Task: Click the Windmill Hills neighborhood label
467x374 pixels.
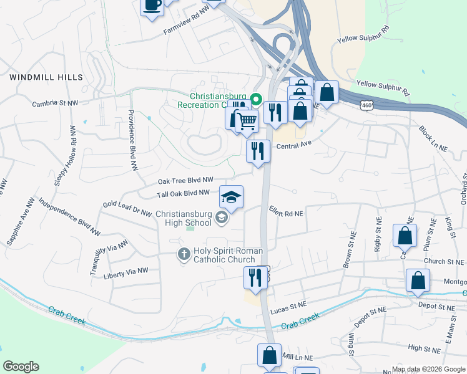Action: click(x=46, y=77)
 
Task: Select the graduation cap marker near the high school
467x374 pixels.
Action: click(x=231, y=198)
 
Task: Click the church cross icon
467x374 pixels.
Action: click(x=184, y=254)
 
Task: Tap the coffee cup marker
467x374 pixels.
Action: click(x=152, y=6)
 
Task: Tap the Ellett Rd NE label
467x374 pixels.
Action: click(x=286, y=213)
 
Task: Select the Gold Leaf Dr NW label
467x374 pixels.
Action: click(x=127, y=209)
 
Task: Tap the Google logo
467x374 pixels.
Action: click(x=21, y=366)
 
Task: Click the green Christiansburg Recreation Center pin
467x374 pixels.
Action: click(x=255, y=99)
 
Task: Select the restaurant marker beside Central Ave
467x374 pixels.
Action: click(x=257, y=151)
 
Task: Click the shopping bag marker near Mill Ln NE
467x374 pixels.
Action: click(x=269, y=356)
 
